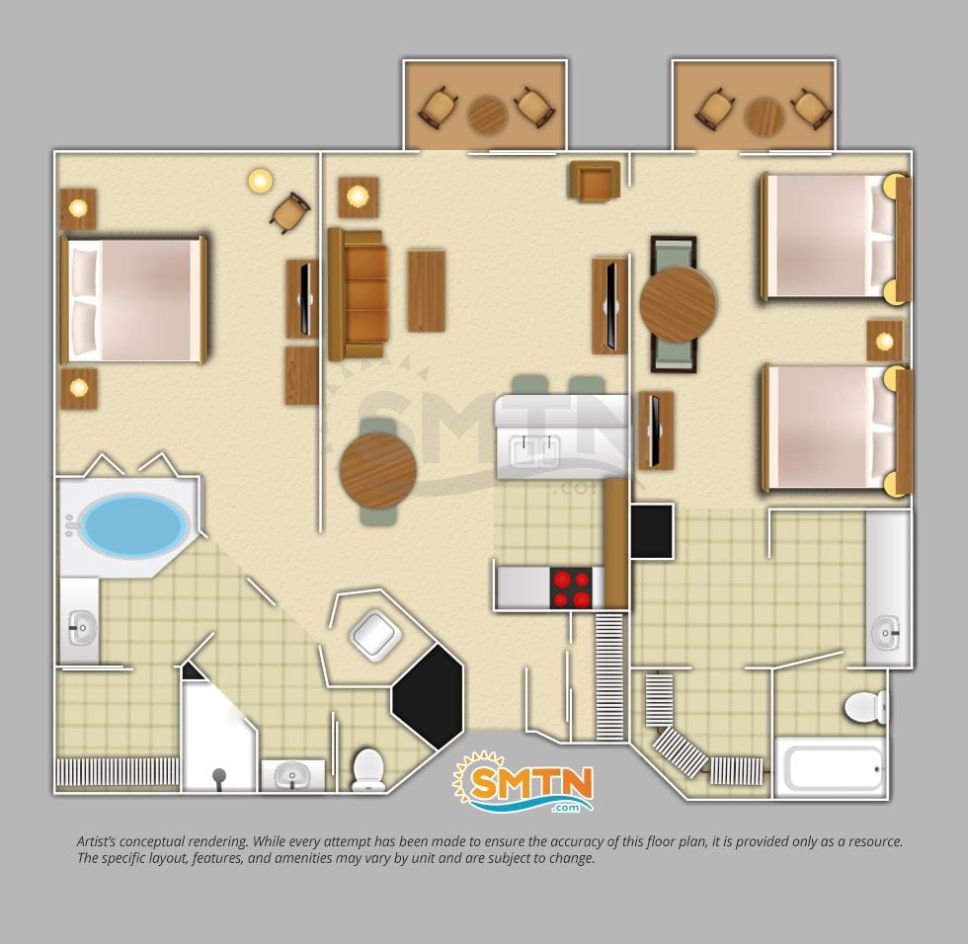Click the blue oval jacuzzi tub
tap(134, 524)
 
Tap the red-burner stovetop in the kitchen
tap(572, 589)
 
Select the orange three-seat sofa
tap(358, 294)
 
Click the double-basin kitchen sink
tap(534, 450)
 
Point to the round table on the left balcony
tap(488, 116)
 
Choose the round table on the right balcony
tap(765, 116)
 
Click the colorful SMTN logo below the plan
tap(524, 782)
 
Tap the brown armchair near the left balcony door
tap(594, 180)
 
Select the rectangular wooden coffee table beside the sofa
tap(426, 290)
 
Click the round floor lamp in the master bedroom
tap(261, 181)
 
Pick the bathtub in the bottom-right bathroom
tap(831, 768)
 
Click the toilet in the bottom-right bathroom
tap(865, 706)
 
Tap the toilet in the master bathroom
tap(368, 769)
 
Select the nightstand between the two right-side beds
tap(884, 341)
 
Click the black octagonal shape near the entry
tap(428, 696)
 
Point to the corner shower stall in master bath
tap(219, 735)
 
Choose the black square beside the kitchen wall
tap(652, 531)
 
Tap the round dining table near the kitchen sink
tap(377, 471)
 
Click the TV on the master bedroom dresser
tap(305, 299)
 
